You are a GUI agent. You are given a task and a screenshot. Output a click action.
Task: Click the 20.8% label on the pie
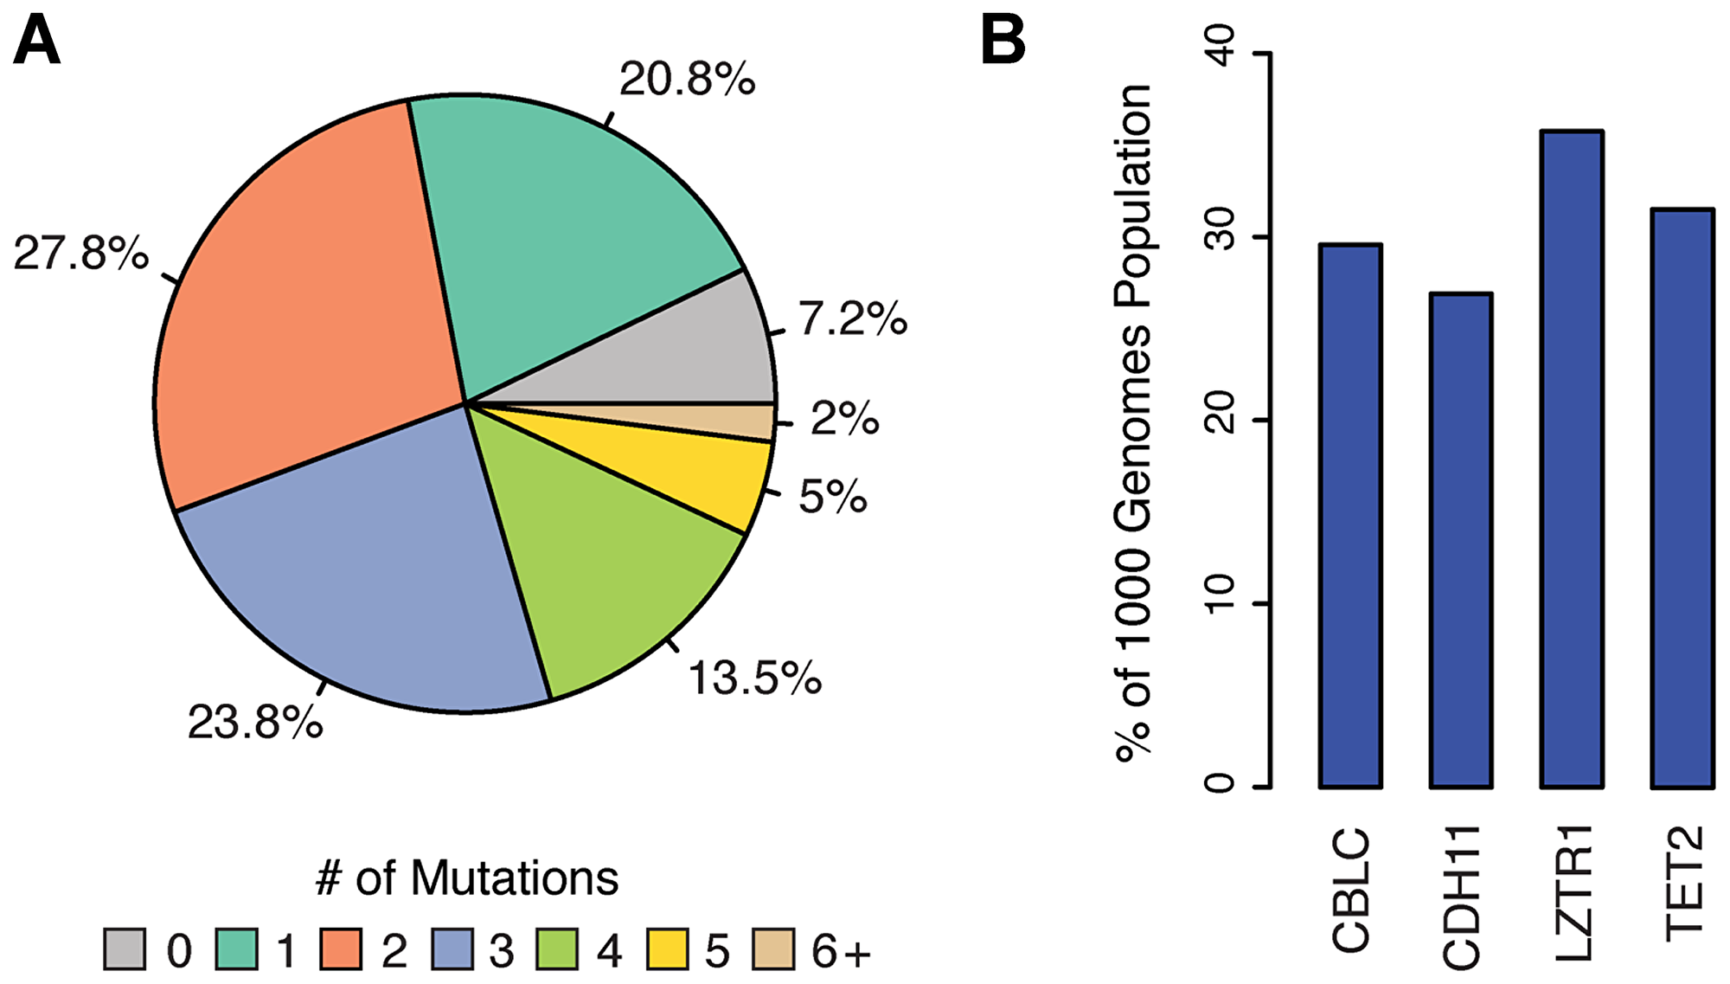687,80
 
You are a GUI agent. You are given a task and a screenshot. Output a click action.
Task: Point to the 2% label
843,419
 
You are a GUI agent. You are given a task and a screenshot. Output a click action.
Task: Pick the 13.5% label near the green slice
754,678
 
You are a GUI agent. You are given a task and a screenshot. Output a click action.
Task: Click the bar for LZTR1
1572,459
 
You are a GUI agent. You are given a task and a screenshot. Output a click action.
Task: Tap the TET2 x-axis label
1685,883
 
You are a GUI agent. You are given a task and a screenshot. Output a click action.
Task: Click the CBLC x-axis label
1351,890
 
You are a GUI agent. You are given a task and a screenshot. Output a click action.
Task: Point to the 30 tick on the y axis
1221,235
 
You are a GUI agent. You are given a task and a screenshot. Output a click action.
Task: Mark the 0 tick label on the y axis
1221,783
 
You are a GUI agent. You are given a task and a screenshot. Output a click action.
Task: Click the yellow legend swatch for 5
667,949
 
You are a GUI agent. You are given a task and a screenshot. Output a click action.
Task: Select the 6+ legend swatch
772,949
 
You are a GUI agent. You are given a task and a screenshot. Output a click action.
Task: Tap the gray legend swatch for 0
125,949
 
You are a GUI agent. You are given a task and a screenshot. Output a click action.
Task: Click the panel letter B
1003,41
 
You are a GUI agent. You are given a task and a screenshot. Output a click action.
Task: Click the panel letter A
36,41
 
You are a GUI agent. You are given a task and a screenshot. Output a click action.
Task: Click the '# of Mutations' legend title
467,878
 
